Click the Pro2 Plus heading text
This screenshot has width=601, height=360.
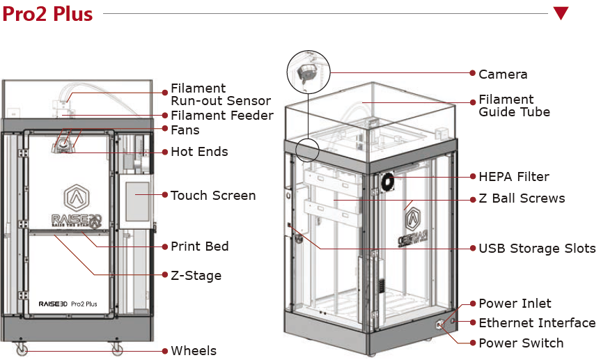[47, 14]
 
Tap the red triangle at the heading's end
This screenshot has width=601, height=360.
[561, 13]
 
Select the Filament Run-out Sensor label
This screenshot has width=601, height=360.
[220, 95]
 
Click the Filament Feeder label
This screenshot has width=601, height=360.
[221, 116]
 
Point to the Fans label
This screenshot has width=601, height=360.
[185, 130]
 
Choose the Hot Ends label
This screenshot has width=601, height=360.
[199, 152]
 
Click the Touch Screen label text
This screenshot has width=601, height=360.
[213, 196]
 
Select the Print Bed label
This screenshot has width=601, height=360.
[200, 246]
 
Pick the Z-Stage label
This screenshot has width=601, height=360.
[196, 276]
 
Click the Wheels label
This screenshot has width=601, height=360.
[194, 351]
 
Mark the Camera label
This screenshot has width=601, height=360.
[503, 74]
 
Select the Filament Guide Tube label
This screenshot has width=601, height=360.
[514, 106]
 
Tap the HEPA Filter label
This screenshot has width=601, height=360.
[513, 177]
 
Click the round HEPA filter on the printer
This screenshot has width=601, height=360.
[387, 182]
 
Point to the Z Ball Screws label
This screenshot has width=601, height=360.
[522, 198]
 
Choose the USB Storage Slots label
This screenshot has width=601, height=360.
[537, 249]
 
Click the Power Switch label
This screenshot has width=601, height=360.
[521, 343]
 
